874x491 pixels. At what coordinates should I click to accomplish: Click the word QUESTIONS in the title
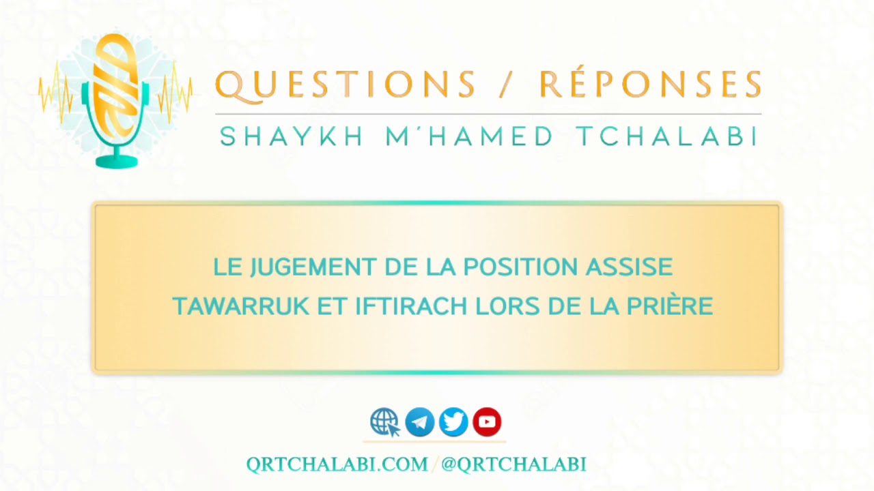345,85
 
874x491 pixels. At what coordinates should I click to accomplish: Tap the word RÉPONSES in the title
649,85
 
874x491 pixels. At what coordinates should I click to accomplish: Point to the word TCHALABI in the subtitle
667,137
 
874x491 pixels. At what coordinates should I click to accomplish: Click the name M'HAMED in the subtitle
470,137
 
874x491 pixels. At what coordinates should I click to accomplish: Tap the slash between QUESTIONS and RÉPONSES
507,85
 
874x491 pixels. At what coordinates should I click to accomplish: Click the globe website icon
385,422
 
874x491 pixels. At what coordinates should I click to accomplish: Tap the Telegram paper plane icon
420,422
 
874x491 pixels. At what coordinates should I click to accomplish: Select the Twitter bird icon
453,422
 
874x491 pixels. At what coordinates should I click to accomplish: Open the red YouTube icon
487,422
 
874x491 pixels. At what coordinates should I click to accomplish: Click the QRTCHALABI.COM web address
337,464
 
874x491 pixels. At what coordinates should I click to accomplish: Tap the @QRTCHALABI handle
513,464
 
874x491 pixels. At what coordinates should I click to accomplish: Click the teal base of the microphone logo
117,162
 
